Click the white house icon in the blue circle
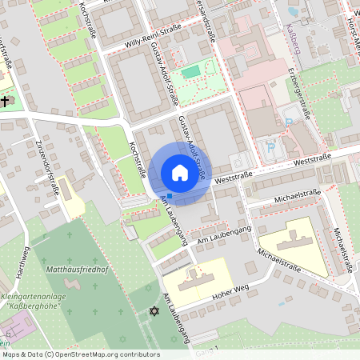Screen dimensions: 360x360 point(180,173)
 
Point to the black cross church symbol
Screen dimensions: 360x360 point(6,102)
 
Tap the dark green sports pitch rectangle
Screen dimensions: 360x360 point(190,73)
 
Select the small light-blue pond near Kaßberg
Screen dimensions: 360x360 point(293,11)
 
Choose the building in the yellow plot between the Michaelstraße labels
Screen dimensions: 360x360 point(291,243)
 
